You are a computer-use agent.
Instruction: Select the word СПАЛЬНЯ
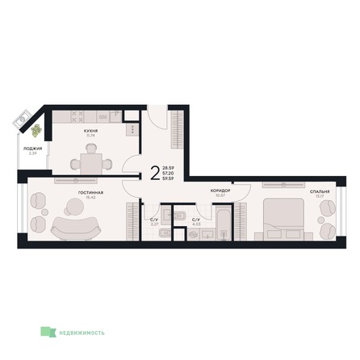319,191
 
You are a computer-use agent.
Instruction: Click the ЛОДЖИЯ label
31,147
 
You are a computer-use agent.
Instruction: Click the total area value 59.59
170,178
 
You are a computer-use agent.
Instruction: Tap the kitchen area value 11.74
91,135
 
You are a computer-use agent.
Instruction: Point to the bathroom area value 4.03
196,224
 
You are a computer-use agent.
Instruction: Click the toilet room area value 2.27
154,224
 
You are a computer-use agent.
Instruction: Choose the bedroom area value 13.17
318,196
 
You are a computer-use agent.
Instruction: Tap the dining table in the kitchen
91,162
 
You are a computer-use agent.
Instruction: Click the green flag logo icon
49,331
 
